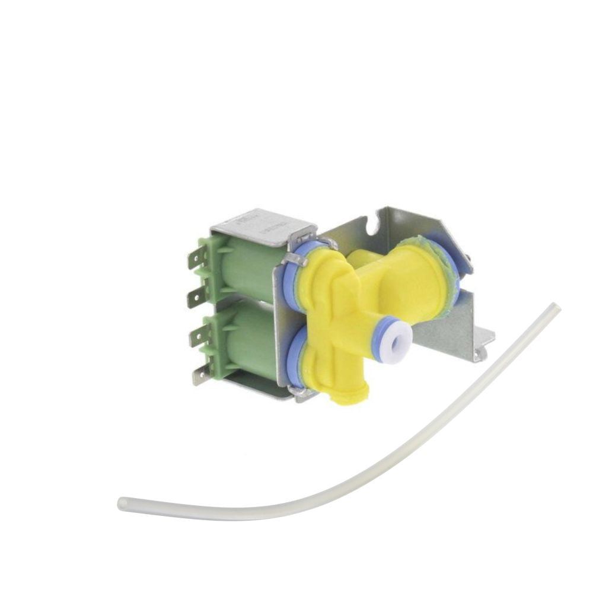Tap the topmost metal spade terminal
[x=197, y=257]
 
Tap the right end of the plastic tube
[x=554, y=307]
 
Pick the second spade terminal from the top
[x=196, y=298]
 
